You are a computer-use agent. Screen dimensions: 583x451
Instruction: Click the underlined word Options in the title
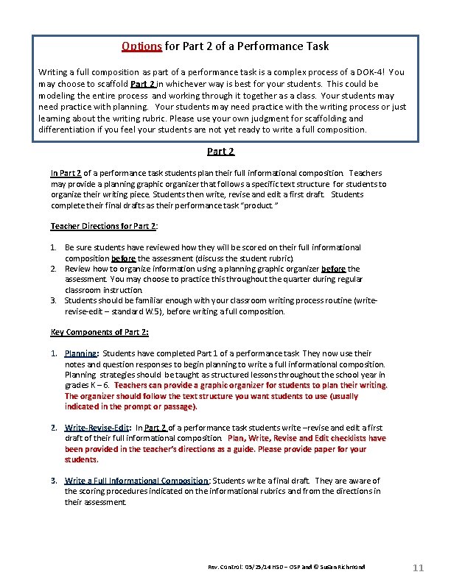(x=142, y=46)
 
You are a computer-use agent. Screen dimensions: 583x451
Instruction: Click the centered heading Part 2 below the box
(x=220, y=152)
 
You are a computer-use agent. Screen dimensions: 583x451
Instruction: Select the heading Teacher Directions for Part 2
(x=104, y=226)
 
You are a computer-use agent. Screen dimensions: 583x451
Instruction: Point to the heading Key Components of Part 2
(x=99, y=332)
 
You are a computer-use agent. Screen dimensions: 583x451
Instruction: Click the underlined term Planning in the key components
(x=80, y=353)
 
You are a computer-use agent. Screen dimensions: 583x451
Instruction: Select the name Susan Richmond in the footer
(x=341, y=568)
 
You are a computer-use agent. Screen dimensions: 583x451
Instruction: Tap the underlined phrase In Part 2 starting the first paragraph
(x=66, y=173)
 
